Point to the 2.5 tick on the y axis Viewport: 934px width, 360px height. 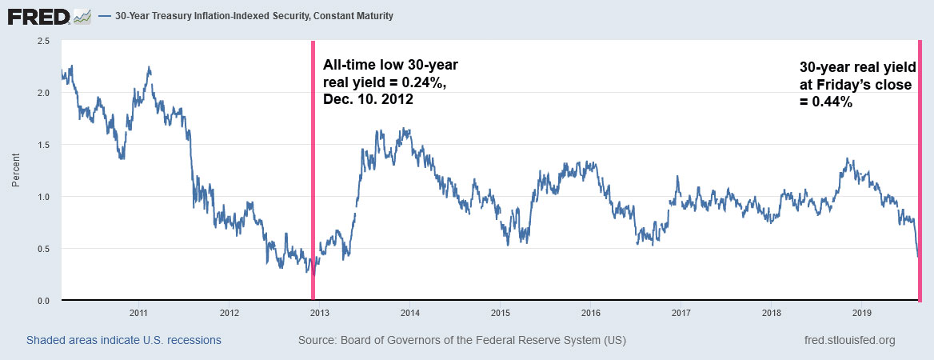pos(45,41)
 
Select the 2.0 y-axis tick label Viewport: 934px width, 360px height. pos(45,93)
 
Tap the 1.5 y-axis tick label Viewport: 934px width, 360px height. pos(45,145)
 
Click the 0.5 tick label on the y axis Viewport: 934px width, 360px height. pos(45,249)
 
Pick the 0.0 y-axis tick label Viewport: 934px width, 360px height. pos(45,301)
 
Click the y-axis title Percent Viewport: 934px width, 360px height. pos(15,170)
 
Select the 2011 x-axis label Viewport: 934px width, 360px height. pos(138,312)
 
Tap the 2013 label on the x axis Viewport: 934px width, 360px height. pos(319,312)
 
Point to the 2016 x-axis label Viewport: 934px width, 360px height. pos(591,312)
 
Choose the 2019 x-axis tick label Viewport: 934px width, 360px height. pos(863,312)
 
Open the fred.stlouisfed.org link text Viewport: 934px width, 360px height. pos(849,341)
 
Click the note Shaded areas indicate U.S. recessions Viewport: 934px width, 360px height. pos(124,341)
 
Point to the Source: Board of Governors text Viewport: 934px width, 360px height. pos(462,341)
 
